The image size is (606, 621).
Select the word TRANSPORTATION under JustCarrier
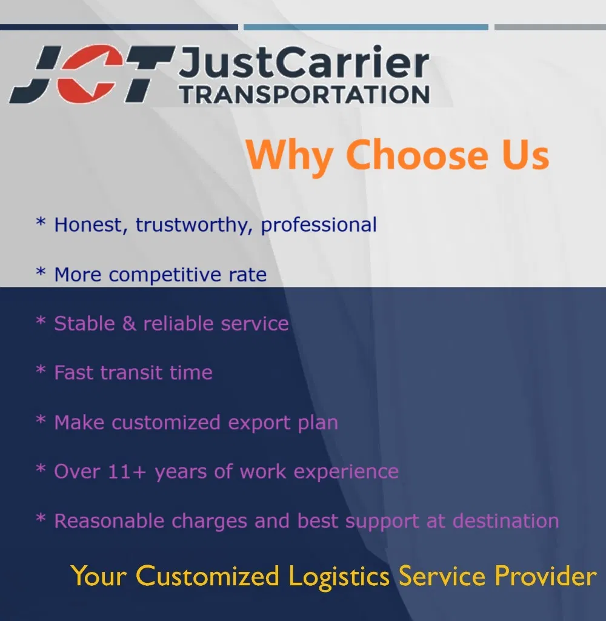coord(305,95)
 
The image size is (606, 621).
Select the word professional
coord(319,226)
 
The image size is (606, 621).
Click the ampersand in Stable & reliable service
coord(128,323)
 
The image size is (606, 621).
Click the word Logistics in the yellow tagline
coord(339,576)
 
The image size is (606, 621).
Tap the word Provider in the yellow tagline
coord(545,576)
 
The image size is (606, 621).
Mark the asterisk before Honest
coord(41,224)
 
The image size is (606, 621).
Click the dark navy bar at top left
coord(119,27)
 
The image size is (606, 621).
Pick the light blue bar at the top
coord(366,27)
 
